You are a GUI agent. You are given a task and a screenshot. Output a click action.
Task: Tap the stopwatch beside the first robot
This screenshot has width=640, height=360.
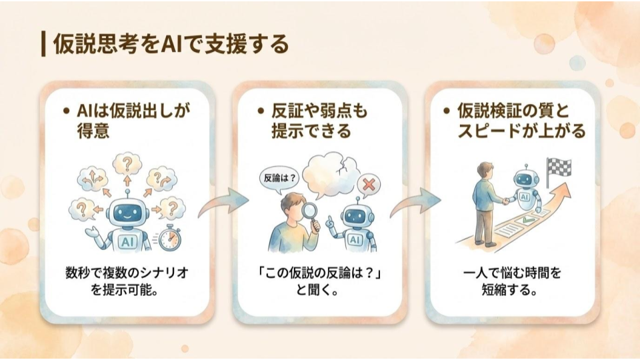point(169,238)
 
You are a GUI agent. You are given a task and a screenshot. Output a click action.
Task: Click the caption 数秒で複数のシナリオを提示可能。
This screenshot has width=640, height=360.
point(125,281)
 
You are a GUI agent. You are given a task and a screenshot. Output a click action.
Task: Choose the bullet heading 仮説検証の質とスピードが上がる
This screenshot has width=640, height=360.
point(517,120)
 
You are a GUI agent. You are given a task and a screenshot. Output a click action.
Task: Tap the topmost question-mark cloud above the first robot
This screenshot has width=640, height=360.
point(127,163)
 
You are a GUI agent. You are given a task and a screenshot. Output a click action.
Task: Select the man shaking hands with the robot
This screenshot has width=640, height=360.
point(486,200)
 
